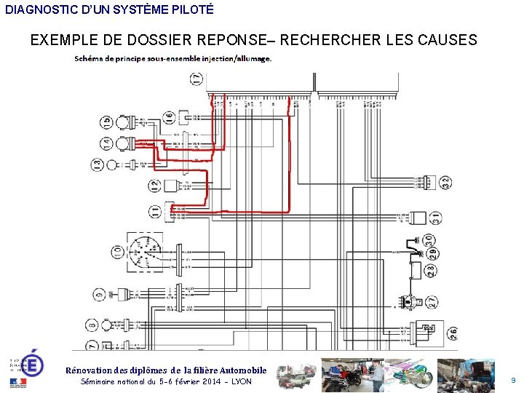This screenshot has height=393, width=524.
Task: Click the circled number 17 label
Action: tap(196, 79)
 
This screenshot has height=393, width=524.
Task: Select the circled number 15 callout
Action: tap(106, 122)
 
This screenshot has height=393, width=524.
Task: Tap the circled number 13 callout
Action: tap(98, 164)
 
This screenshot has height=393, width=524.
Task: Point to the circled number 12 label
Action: tap(154, 186)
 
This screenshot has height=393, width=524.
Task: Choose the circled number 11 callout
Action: tap(154, 212)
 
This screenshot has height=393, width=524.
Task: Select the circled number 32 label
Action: tap(445, 181)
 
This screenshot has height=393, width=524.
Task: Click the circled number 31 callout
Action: tap(435, 217)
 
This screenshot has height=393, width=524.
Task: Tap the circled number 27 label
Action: tap(432, 301)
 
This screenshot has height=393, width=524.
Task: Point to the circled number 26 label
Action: tap(452, 334)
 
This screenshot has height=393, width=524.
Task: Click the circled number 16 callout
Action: tap(169, 116)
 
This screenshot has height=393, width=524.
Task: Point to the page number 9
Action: tap(513, 380)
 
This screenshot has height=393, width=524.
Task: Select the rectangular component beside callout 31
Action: tap(417, 217)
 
